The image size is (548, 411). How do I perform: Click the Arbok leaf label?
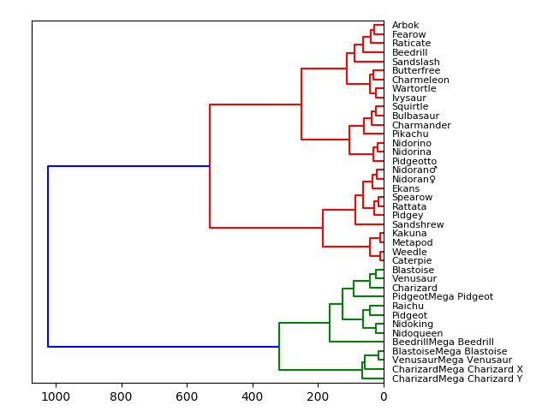point(406,26)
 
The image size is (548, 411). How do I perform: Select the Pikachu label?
point(410,134)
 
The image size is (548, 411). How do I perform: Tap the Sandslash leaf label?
point(415,62)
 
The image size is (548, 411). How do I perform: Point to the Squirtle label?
point(410,107)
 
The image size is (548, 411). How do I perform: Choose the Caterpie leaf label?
point(412,261)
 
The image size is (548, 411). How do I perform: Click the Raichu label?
point(408,306)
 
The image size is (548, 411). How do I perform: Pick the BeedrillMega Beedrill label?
point(443,342)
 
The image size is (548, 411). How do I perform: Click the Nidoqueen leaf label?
point(417,333)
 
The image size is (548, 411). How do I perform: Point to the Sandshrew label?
point(418,224)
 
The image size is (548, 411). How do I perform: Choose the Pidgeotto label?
point(414,161)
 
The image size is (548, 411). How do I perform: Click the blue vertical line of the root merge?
point(48,257)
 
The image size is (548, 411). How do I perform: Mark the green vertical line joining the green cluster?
point(279,347)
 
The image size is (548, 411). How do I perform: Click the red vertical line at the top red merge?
point(210,166)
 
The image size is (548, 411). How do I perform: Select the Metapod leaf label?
point(412,242)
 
